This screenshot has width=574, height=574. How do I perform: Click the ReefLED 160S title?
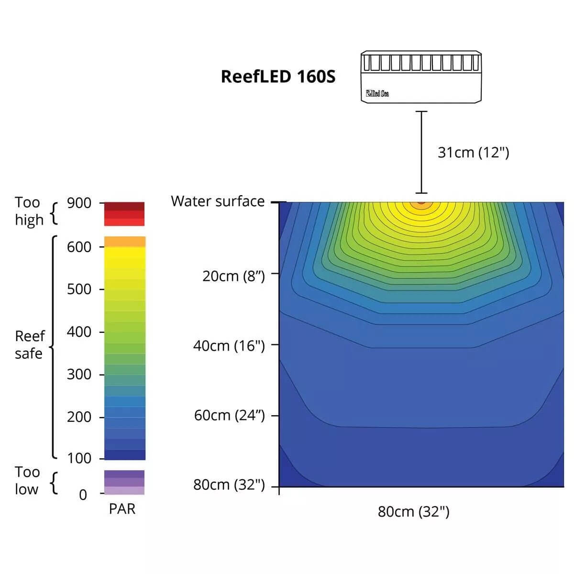278,77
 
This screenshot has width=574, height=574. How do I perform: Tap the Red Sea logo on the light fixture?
377,93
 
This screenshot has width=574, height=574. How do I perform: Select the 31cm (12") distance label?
473,153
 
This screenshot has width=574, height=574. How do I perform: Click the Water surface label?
218,201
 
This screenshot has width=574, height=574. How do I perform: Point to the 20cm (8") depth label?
233,276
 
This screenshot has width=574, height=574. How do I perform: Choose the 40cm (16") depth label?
229,346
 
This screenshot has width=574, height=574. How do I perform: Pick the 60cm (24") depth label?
229,415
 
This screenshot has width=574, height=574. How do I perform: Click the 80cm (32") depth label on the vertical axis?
229,485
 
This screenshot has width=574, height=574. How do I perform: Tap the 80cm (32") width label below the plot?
413,512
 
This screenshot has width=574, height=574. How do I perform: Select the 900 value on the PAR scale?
79,203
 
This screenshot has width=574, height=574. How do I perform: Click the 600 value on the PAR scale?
79,247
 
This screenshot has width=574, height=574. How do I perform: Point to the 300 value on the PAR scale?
79,375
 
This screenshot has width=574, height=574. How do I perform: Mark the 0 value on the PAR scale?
83,495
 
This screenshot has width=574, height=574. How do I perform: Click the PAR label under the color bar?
122,509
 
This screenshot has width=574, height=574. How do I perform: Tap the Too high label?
29,211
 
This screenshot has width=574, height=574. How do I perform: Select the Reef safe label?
30,345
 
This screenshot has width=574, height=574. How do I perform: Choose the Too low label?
27,481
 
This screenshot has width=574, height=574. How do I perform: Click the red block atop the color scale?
124,214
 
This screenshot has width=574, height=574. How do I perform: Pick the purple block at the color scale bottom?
124,482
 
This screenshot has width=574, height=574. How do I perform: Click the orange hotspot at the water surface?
421,203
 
